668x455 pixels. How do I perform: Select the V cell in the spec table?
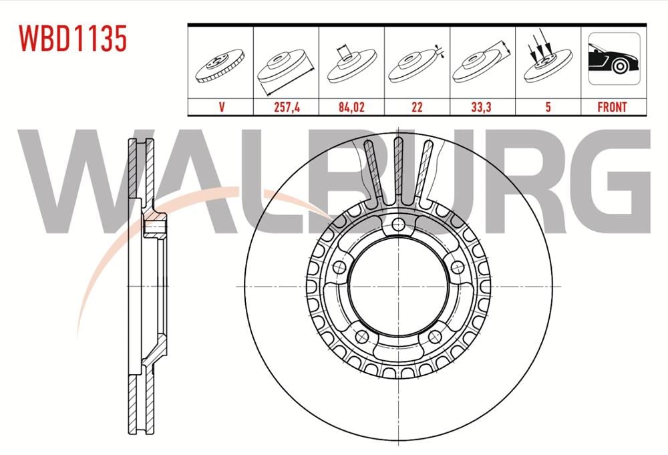pyautogui.click(x=220, y=107)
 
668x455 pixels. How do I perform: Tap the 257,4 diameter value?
pyautogui.click(x=286, y=107)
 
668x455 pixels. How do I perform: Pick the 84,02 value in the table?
pyautogui.click(x=351, y=107)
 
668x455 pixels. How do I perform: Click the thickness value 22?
pyautogui.click(x=417, y=107)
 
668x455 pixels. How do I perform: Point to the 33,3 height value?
pyautogui.click(x=482, y=107)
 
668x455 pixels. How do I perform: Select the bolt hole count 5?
pyautogui.click(x=548, y=107)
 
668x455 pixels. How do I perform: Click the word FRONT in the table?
pyautogui.click(x=612, y=107)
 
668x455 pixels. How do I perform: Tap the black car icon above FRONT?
pyautogui.click(x=612, y=62)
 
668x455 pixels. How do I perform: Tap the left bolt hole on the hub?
pyautogui.click(x=339, y=267)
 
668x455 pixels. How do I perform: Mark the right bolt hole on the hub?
pyautogui.click(x=457, y=267)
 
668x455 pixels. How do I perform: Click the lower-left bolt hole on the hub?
pyautogui.click(x=361, y=336)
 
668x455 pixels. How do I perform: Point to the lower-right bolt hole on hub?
pyautogui.click(x=435, y=336)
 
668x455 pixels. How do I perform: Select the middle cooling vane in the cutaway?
pyautogui.click(x=398, y=170)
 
